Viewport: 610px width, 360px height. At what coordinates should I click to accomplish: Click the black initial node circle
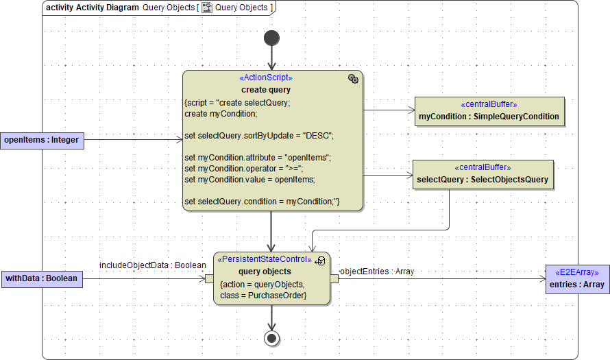(x=272, y=38)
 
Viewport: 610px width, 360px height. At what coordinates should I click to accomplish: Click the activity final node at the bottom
(x=272, y=337)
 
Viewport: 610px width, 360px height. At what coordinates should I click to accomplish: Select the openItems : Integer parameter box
(x=42, y=141)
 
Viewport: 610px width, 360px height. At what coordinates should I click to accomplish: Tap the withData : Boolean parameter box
(x=42, y=278)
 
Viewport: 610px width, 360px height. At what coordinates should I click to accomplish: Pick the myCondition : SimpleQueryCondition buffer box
(x=489, y=111)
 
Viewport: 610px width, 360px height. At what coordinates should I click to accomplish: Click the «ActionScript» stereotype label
(x=266, y=78)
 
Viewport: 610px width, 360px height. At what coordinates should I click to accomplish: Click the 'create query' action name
(x=266, y=90)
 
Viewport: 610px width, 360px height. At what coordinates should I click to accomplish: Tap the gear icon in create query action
(x=353, y=79)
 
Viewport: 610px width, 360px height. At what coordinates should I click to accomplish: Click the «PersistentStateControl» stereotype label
(x=264, y=260)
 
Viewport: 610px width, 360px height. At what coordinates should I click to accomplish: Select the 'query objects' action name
(x=265, y=272)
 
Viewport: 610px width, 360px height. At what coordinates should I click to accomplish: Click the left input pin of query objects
(x=209, y=278)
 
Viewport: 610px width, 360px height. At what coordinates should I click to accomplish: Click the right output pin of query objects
(x=334, y=278)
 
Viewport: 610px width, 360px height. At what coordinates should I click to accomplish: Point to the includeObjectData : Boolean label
(x=152, y=265)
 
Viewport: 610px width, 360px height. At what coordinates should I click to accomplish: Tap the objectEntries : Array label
(x=377, y=272)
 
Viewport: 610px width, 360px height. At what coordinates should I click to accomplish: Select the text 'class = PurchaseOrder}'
(x=263, y=296)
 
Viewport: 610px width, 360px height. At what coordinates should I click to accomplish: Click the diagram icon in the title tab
(x=206, y=8)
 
